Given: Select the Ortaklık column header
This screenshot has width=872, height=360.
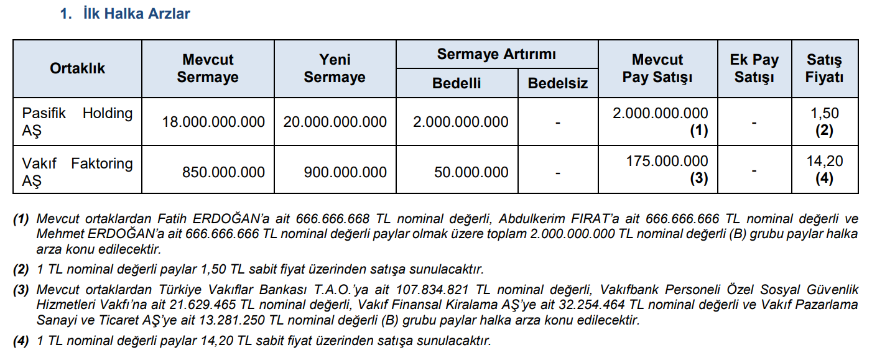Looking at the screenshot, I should click(78, 68).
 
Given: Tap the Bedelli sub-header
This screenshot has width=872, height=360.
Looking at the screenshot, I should click(457, 83).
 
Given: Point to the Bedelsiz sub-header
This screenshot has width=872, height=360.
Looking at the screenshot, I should click(557, 83).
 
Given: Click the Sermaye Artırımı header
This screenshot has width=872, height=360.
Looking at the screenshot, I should click(496, 54).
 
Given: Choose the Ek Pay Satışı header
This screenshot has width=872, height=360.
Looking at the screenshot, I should click(754, 68).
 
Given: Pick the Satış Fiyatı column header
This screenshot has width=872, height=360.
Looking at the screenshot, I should click(824, 68).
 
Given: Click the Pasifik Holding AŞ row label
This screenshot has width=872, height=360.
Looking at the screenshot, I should click(77, 122).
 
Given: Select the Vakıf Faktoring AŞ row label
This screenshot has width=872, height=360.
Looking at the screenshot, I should click(77, 172).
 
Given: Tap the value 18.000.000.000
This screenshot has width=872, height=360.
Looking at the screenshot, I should click(213, 122).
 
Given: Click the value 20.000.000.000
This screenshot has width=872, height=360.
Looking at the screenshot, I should click(335, 122).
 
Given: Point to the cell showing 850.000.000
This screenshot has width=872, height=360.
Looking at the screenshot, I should click(223, 173).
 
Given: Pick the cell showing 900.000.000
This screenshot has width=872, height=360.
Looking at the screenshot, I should click(345, 173).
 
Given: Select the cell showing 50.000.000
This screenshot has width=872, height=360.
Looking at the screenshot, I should click(471, 173).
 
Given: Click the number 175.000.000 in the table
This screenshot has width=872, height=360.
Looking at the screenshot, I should click(666, 162).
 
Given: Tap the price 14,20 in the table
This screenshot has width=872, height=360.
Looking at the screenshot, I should click(825, 162).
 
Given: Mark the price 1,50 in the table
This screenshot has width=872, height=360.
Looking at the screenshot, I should click(825, 113).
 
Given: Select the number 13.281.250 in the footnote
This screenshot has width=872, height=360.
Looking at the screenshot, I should click(202, 321).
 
